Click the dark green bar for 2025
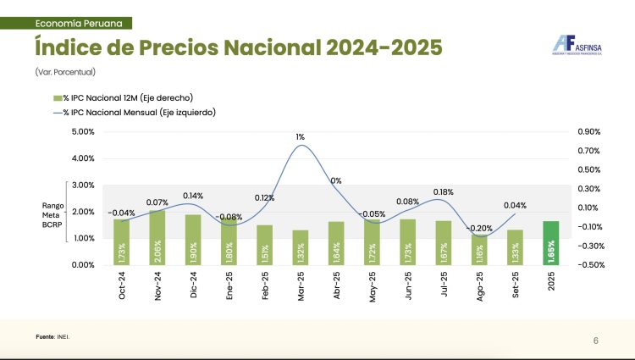click(551, 242)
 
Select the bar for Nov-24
click(157, 237)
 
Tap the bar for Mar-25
click(301, 247)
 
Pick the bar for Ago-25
click(479, 250)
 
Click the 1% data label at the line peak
click(301, 136)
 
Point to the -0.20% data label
click(479, 228)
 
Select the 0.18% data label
click(444, 192)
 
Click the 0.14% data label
click(194, 196)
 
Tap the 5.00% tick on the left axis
click(83, 132)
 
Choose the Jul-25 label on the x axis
click(444, 284)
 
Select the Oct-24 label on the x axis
click(122, 284)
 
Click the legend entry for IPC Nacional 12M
click(118, 98)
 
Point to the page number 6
click(595, 341)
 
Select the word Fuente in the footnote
click(44, 337)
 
